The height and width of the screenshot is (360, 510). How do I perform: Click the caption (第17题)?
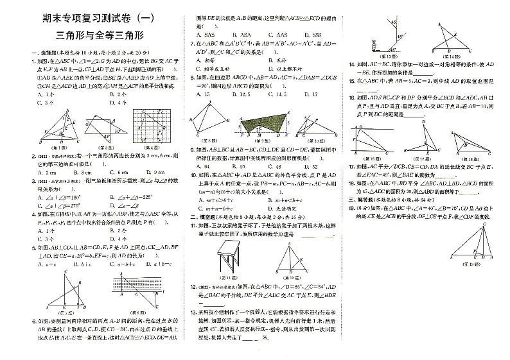[x=425, y=156]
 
